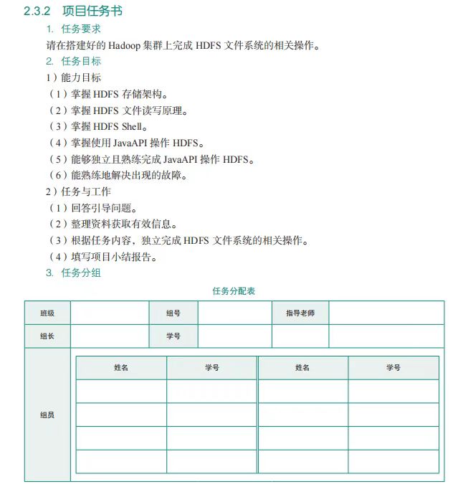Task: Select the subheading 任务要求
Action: pyautogui.click(x=80, y=29)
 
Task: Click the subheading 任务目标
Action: pyautogui.click(x=80, y=62)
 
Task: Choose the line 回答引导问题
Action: pyautogui.click(x=100, y=208)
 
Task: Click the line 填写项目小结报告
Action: pyautogui.click(x=112, y=257)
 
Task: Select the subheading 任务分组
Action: pyautogui.click(x=80, y=273)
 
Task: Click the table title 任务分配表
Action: pyautogui.click(x=234, y=291)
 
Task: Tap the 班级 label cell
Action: pyautogui.click(x=47, y=313)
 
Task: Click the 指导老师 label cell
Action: pyautogui.click(x=300, y=313)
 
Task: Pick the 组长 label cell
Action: pyautogui.click(x=47, y=336)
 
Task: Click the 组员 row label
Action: pyautogui.click(x=47, y=415)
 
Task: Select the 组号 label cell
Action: pyautogui.click(x=173, y=313)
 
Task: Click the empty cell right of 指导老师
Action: pyautogui.click(x=386, y=313)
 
